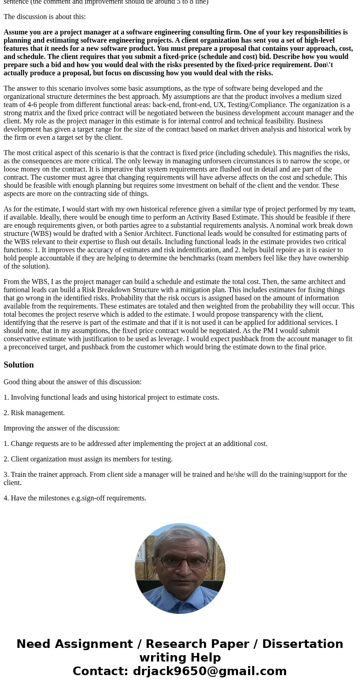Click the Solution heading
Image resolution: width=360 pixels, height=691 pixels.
coord(19,365)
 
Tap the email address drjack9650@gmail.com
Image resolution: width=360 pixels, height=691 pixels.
coord(209,671)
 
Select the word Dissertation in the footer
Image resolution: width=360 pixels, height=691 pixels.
coord(302,644)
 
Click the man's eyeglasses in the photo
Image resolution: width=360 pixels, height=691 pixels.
coord(180,562)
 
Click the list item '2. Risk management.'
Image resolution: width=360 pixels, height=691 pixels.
coord(34,412)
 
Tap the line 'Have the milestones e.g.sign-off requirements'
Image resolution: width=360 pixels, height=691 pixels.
coord(75,498)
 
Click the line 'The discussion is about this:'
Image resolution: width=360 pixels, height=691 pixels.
coord(44,17)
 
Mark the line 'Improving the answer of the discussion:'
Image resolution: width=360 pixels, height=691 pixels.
coord(62,428)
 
